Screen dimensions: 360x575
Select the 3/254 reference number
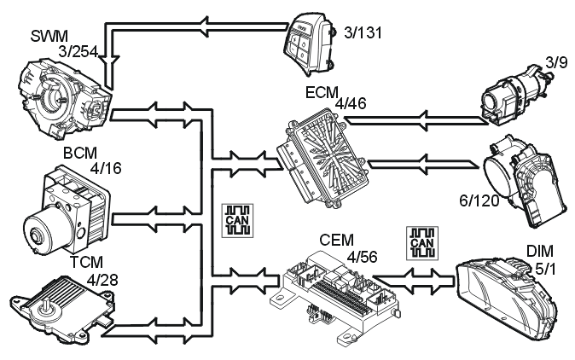point(78,54)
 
